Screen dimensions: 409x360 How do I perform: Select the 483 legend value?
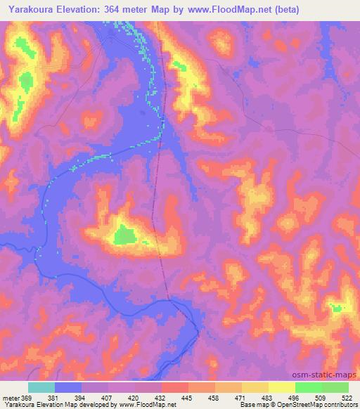(266, 398)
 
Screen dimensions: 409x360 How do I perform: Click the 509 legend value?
(321, 398)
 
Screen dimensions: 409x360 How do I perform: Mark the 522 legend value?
(347, 398)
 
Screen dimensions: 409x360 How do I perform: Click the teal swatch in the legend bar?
(41, 387)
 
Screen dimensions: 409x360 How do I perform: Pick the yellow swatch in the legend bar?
(282, 387)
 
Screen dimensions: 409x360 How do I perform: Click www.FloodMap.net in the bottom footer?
(148, 405)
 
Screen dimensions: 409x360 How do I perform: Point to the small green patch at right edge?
(338, 307)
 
